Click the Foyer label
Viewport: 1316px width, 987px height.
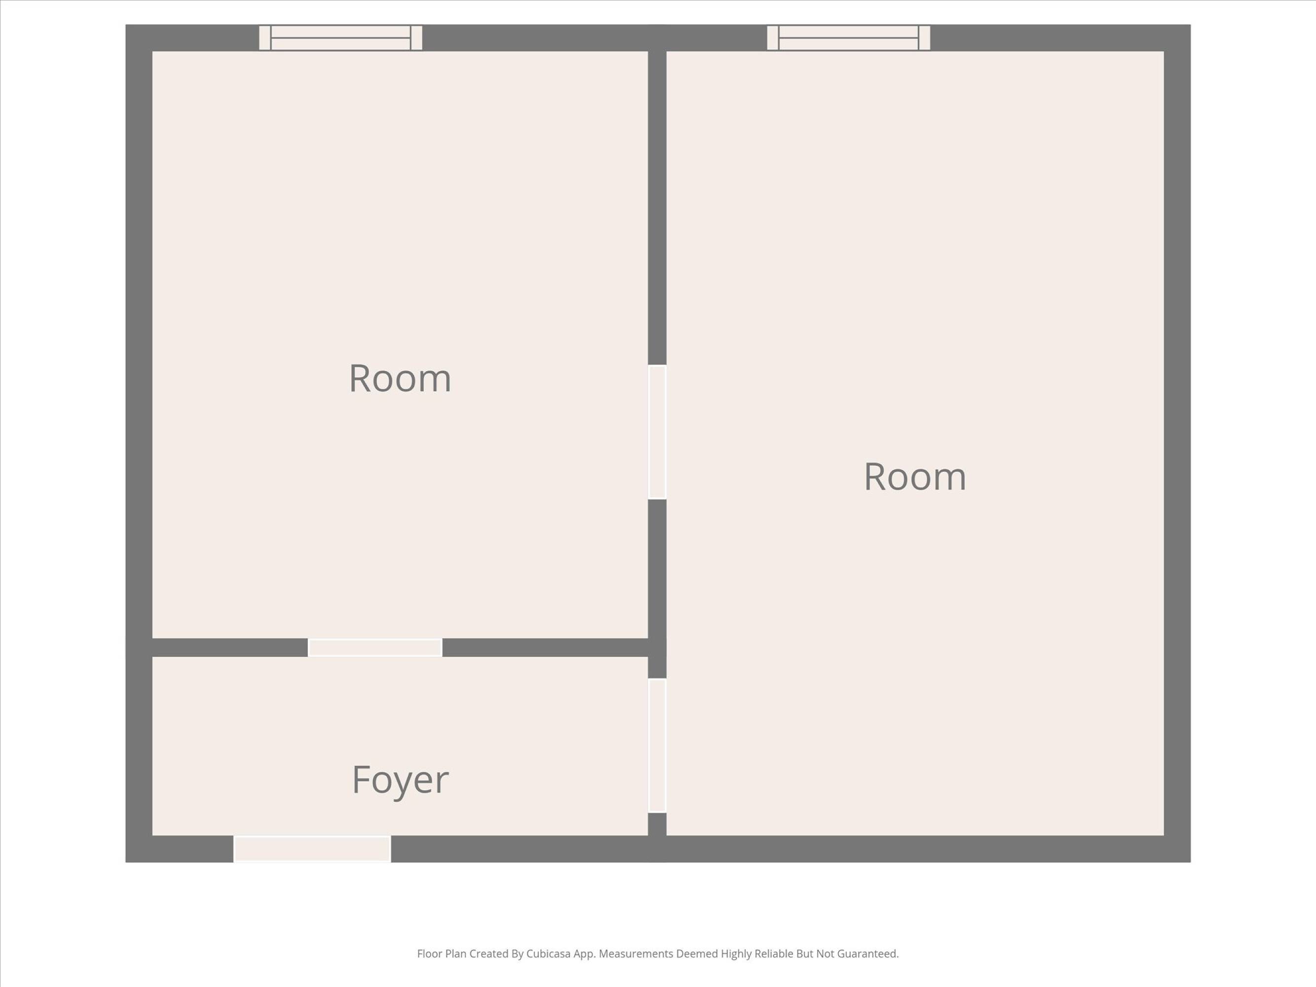[400, 780]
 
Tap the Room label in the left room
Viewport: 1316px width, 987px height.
[400, 378]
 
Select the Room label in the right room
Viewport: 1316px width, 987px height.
[915, 477]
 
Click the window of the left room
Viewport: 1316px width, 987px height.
[341, 38]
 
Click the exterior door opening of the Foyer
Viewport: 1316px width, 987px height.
[312, 848]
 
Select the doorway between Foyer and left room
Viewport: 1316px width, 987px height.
[375, 647]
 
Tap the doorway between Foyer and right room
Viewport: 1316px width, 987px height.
[657, 746]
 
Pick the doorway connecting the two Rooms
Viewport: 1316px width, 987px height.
[657, 432]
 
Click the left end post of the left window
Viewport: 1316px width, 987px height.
[265, 38]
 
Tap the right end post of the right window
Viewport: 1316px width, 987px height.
[925, 38]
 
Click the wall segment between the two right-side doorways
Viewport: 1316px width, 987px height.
[657, 589]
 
